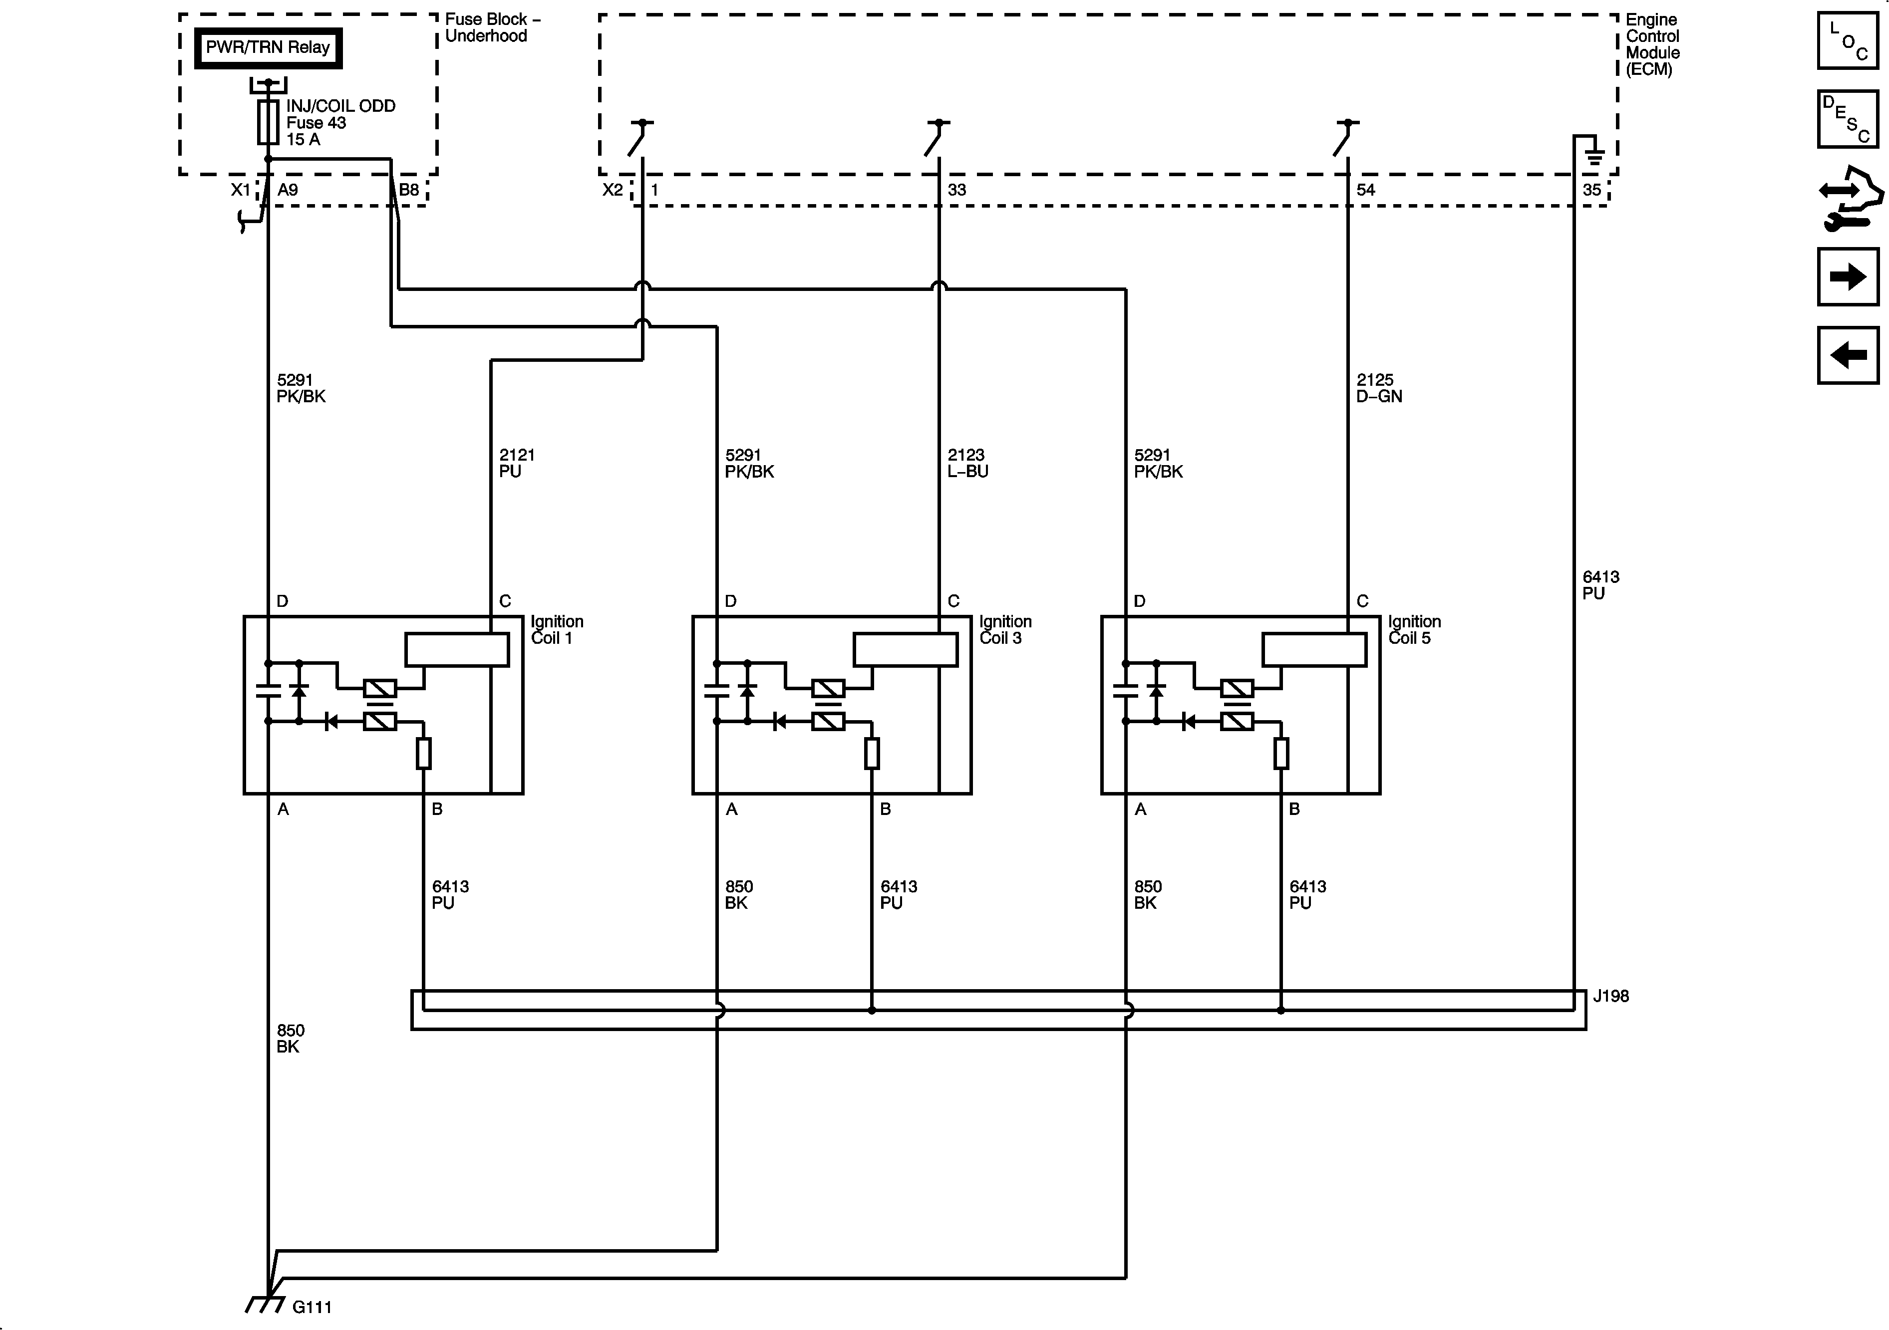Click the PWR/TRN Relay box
pyautogui.click(x=268, y=48)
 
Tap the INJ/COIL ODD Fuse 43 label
pyautogui.click(x=340, y=123)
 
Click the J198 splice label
pyautogui.click(x=1610, y=996)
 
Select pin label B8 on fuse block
pyautogui.click(x=409, y=190)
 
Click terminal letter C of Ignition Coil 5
pyautogui.click(x=1362, y=601)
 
